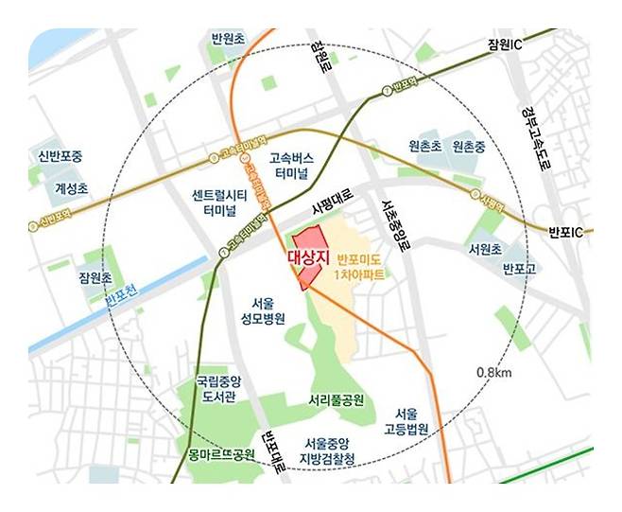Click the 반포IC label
click(x=572, y=232)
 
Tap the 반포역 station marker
click(x=387, y=90)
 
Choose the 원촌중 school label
click(x=469, y=148)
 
